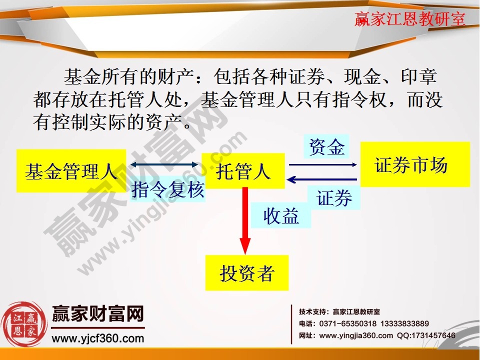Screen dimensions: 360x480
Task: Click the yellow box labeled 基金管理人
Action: pos(71,171)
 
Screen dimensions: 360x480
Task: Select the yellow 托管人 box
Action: pos(243,171)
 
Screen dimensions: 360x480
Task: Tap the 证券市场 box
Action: pos(414,164)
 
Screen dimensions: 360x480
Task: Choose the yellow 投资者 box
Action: pos(246,272)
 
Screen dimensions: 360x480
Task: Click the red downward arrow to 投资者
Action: pos(244,220)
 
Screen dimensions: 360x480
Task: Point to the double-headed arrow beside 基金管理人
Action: pos(164,164)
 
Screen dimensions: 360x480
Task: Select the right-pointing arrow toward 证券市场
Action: pos(323,164)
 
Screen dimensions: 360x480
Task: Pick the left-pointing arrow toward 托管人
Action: pos(323,180)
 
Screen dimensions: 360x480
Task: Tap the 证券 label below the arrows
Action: pos(334,198)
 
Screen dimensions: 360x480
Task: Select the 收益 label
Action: pos(281,216)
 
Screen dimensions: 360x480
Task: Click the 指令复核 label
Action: pos(168,189)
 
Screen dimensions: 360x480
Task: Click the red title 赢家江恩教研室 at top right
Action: pos(409,19)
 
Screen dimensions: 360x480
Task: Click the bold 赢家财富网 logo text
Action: pos(98,314)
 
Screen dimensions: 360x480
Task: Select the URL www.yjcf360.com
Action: pos(98,338)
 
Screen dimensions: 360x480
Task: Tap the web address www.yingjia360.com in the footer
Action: pos(356,335)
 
